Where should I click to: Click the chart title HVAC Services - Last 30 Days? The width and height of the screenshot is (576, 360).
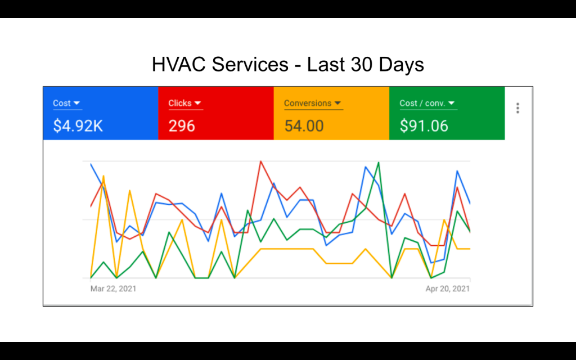287,65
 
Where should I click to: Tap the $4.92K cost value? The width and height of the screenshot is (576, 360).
78,125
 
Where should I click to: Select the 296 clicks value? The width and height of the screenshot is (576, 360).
182,125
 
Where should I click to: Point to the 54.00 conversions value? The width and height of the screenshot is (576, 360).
304,125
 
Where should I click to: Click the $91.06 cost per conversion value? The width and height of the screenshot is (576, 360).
424,125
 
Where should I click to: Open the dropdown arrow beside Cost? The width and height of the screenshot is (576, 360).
77,103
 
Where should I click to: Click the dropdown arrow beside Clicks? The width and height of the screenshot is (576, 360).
198,103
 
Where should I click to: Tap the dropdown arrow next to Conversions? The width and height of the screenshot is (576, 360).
337,103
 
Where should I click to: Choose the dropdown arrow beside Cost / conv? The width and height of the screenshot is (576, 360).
452,103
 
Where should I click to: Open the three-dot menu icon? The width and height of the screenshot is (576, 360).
517,109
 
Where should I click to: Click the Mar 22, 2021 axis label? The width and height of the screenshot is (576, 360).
113,289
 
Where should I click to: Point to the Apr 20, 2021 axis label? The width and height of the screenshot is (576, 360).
447,289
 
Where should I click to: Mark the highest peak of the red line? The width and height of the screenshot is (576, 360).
260,161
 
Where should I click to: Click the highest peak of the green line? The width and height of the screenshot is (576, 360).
379,162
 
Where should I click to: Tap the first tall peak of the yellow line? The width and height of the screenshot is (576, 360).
103,176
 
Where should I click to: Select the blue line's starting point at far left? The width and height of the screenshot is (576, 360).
91,164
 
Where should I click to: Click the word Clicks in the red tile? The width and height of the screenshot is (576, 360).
180,103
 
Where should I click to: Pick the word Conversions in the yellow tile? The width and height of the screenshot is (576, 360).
308,103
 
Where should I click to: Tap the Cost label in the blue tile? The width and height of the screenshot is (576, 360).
62,103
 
